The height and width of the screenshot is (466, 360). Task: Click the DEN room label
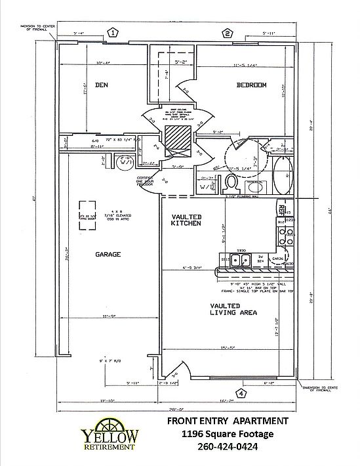(101, 85)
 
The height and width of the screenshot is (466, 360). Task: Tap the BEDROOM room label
(251, 85)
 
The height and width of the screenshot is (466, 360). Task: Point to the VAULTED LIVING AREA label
(233, 309)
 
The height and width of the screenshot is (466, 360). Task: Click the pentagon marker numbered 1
(113, 32)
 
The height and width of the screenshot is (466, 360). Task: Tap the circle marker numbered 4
(241, 394)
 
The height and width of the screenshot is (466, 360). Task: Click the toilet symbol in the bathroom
(231, 181)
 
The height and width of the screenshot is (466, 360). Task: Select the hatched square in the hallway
(176, 138)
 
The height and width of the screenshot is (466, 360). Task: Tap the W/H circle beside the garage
(124, 162)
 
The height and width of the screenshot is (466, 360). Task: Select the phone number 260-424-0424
(237, 447)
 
